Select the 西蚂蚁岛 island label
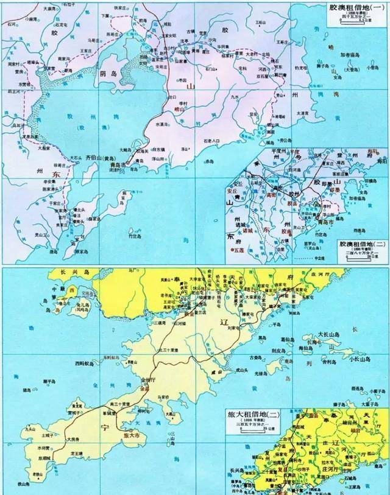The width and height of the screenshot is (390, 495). coord(84,363)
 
